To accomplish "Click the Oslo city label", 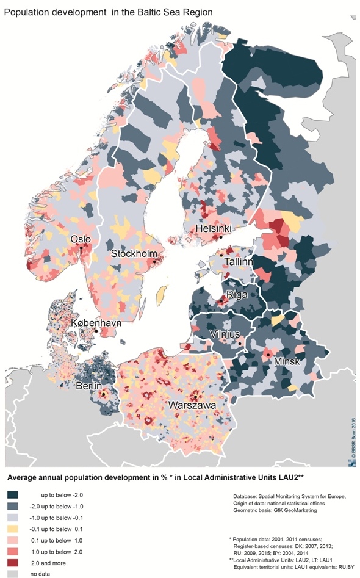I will [x=82, y=239].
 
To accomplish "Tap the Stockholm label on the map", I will [x=134, y=254].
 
